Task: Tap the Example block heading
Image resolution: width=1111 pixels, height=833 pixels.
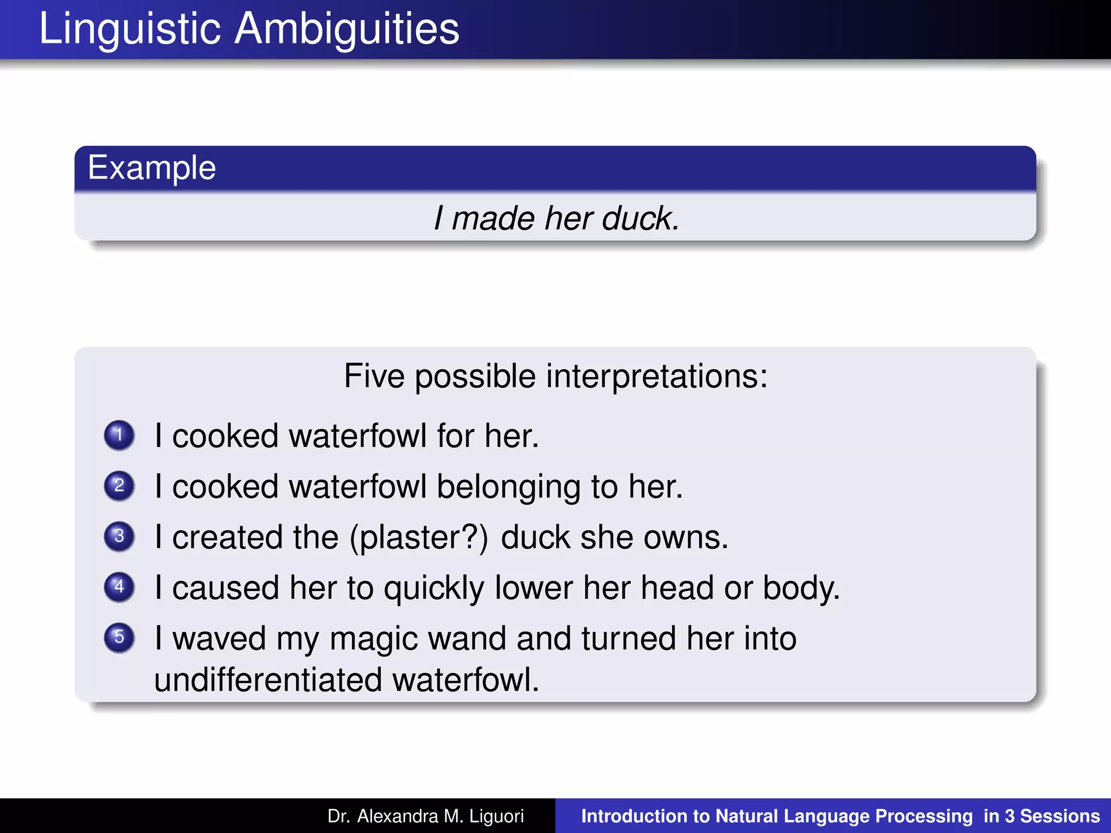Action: pyautogui.click(x=152, y=168)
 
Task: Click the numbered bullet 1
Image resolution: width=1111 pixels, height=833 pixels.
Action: pyautogui.click(x=119, y=435)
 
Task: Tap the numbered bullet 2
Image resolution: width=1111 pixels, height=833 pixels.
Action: pyautogui.click(x=119, y=485)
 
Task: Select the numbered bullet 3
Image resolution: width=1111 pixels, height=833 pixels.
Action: pyautogui.click(x=119, y=536)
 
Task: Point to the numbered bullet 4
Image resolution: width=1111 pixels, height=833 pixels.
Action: pyautogui.click(x=119, y=587)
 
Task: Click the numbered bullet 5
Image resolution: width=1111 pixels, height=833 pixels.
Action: pyautogui.click(x=119, y=637)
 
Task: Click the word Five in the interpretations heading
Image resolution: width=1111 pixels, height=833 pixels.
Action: pyautogui.click(x=374, y=376)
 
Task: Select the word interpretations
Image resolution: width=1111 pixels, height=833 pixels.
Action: pyautogui.click(x=656, y=376)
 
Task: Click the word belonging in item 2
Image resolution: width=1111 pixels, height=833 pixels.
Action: pyautogui.click(x=508, y=487)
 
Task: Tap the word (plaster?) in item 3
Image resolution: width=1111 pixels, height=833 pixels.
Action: pyautogui.click(x=419, y=537)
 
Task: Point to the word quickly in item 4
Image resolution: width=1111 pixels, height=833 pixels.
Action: pyautogui.click(x=434, y=588)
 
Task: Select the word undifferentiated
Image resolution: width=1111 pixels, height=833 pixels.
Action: pyautogui.click(x=268, y=680)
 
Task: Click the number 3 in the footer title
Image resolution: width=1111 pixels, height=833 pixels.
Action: pyautogui.click(x=1009, y=816)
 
